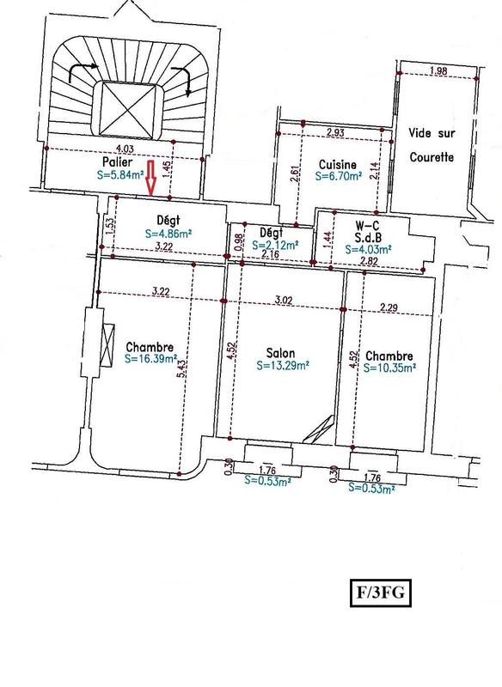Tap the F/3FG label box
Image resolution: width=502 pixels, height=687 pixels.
tap(375, 593)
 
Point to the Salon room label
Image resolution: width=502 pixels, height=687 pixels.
tap(283, 351)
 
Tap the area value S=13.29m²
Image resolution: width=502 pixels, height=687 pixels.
tap(283, 364)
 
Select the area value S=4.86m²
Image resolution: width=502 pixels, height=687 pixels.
tap(168, 232)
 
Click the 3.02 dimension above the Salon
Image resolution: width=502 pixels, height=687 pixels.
tap(284, 300)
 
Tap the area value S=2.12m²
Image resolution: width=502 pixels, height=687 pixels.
tap(276, 245)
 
